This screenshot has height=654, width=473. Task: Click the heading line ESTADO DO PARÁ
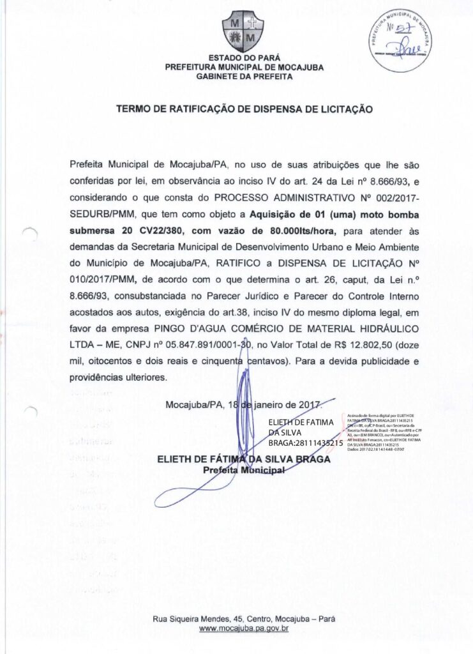click(237, 58)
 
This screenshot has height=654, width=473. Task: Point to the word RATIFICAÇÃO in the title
click(200, 109)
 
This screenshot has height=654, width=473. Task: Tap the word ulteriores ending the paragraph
click(138, 377)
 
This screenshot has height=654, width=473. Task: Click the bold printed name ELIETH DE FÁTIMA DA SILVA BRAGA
click(243, 459)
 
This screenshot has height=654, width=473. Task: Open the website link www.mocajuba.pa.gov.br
click(244, 629)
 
